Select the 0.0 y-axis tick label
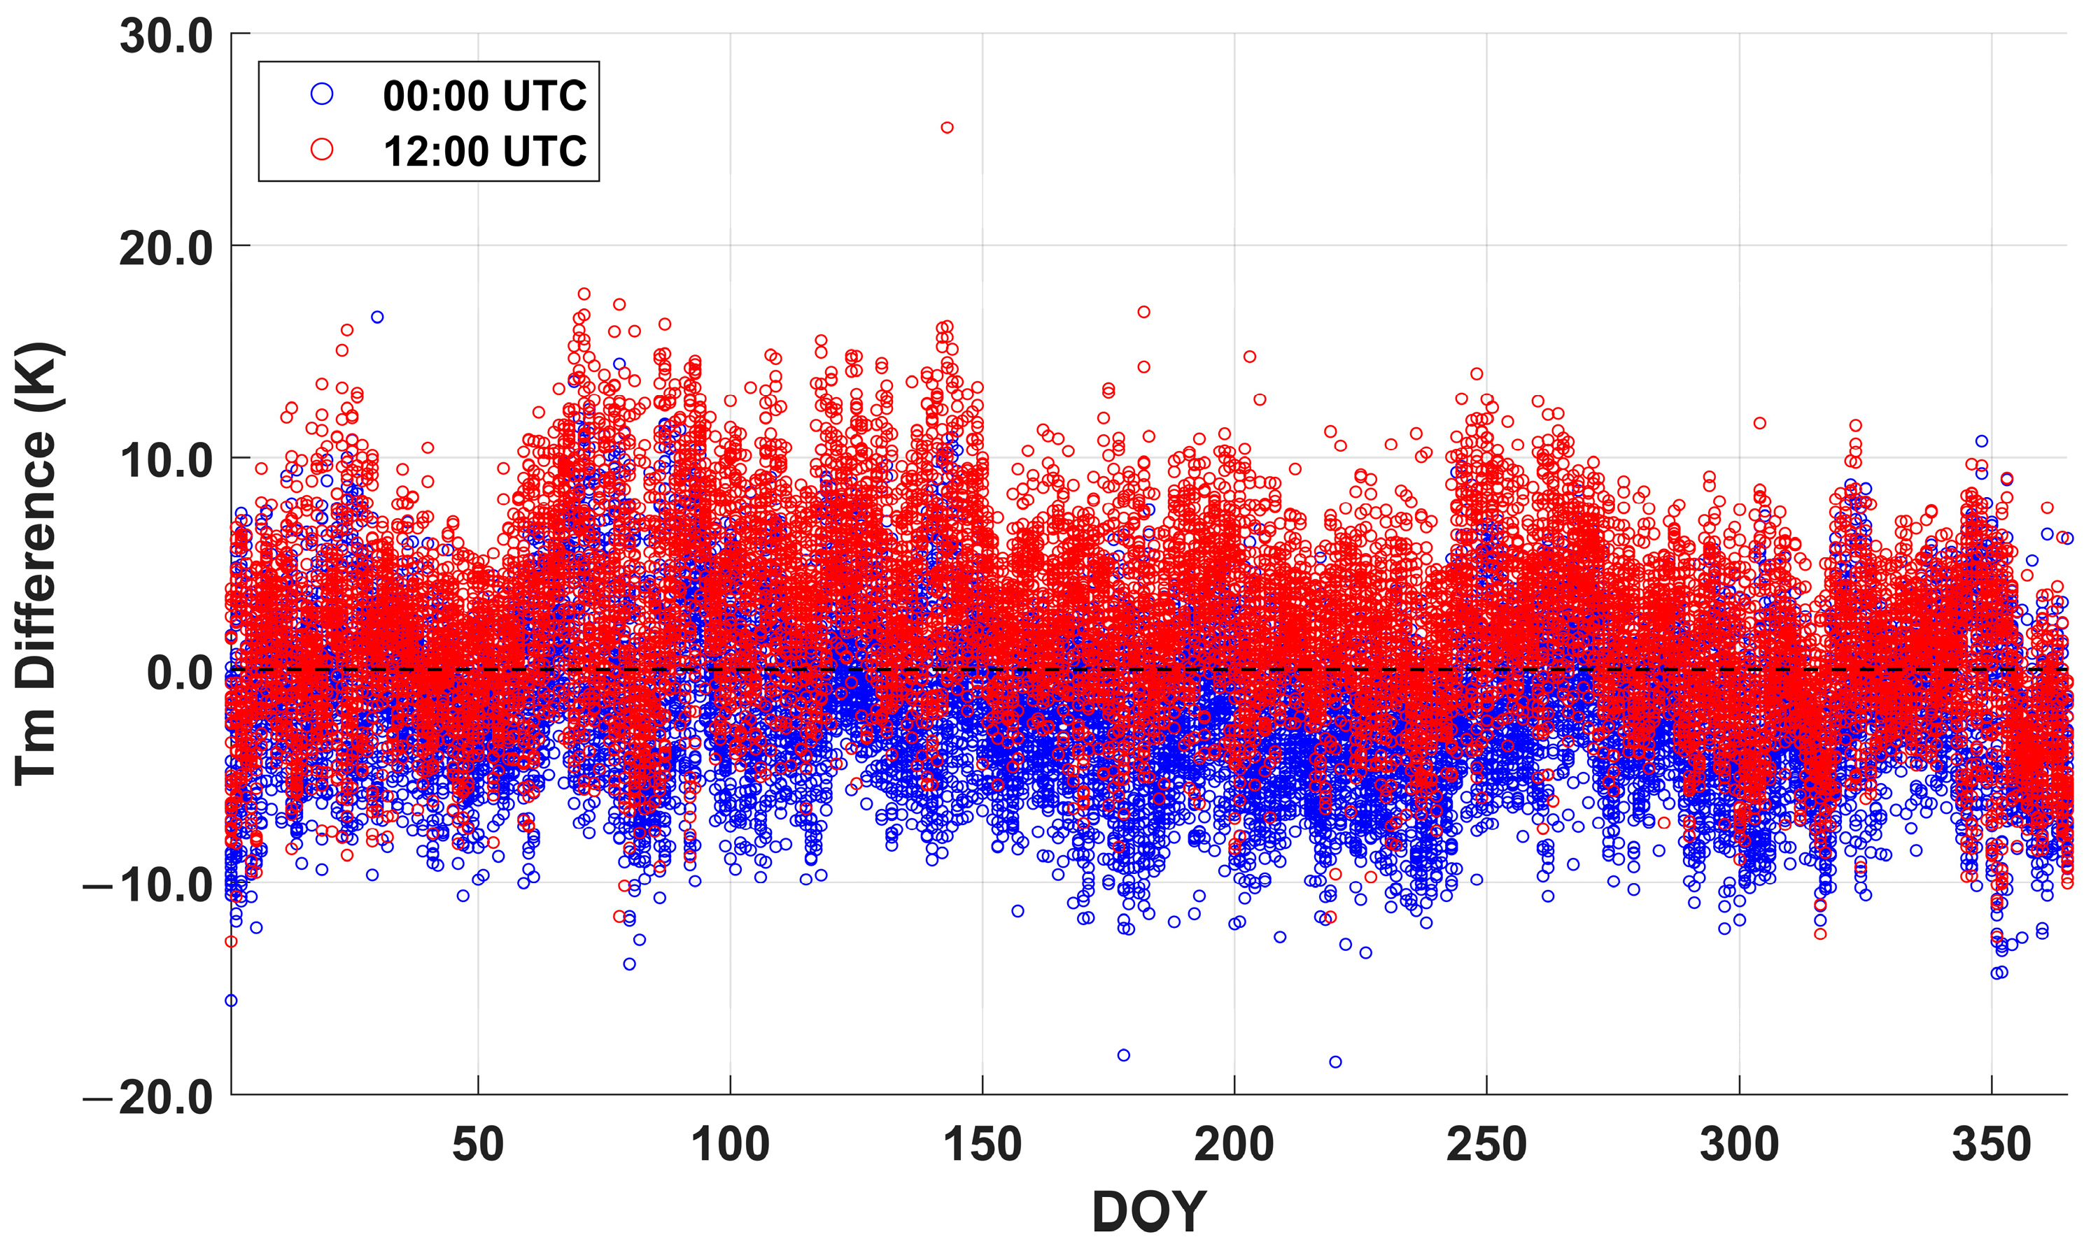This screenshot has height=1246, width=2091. click(180, 673)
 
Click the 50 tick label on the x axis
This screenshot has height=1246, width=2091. click(478, 1145)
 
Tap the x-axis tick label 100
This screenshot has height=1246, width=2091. click(730, 1145)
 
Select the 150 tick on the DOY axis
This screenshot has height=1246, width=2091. click(982, 1145)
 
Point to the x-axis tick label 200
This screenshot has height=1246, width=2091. click(1234, 1145)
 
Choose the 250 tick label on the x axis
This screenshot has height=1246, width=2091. click(1486, 1145)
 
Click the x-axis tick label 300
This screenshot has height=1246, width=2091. click(1739, 1145)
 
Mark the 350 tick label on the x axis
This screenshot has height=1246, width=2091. click(1991, 1145)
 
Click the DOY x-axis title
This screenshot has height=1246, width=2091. click(1148, 1212)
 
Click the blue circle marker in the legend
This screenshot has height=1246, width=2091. click(322, 94)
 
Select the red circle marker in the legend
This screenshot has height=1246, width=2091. click(322, 150)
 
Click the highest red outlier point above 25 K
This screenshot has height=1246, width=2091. click(947, 128)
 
